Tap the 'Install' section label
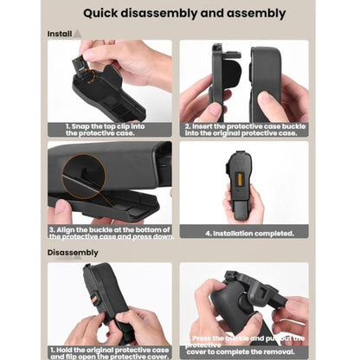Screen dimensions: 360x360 pos(59,33)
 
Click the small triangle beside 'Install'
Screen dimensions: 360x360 pos(78,33)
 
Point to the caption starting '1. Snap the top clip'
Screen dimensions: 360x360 pos(110,130)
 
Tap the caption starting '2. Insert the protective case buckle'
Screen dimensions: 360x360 pos(243,130)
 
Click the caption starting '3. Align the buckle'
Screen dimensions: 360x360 pos(110,233)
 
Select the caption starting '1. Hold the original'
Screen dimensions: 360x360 pos(110,351)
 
